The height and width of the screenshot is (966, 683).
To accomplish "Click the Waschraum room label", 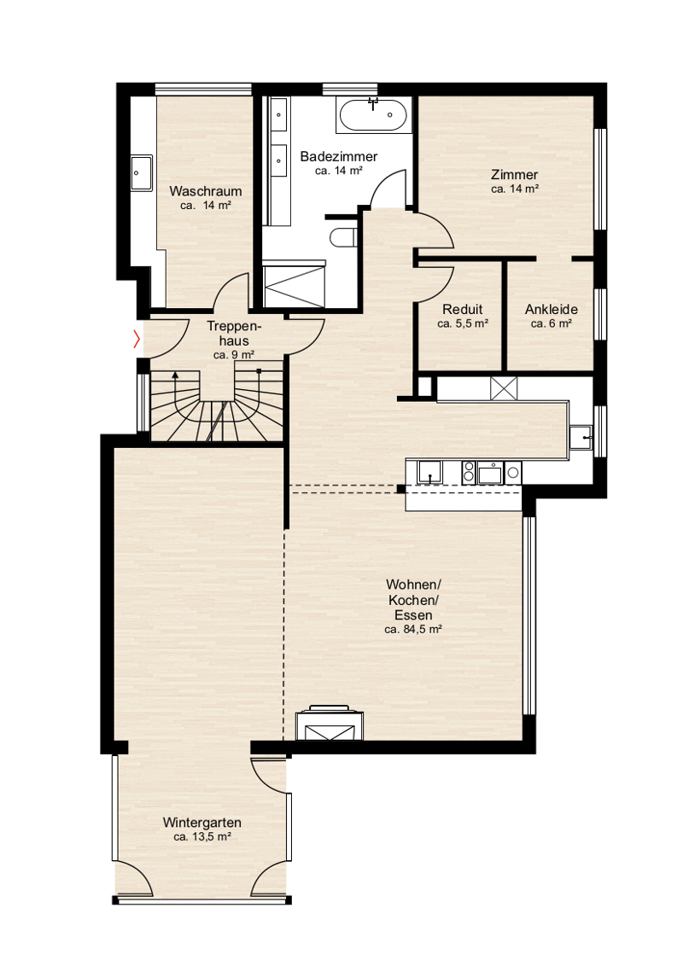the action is click(205, 191).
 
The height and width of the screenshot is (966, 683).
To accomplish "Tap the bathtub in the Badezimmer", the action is click(373, 114).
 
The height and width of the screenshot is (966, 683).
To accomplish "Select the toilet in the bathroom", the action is click(343, 236).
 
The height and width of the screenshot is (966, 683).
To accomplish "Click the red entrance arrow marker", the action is click(137, 339).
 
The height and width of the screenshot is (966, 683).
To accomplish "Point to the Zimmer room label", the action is click(514, 174).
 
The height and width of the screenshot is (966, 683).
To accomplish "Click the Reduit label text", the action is click(463, 309).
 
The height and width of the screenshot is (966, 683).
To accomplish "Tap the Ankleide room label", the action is click(551, 309).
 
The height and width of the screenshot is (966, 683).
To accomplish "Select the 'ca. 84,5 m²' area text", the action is click(413, 630).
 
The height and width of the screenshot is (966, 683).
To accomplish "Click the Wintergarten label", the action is click(201, 823).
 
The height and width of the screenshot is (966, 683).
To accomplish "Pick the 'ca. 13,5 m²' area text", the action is click(201, 836).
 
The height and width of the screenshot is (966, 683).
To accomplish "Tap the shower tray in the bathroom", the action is click(294, 286).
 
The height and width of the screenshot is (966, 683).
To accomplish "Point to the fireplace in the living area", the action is click(330, 724).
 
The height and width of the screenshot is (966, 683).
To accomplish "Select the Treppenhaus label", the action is click(234, 334).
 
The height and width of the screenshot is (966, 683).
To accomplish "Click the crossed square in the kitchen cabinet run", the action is click(504, 389).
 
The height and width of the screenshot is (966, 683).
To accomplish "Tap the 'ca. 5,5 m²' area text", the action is click(463, 323).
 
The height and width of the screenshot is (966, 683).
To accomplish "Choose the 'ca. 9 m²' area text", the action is click(234, 355).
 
